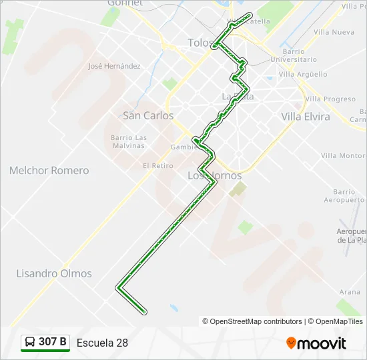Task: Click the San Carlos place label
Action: (148, 115)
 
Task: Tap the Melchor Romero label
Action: (49, 171)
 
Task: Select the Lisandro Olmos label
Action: (54, 273)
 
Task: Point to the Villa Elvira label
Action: (306, 116)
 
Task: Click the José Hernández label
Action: (114, 66)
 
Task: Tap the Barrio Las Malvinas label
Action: (127, 141)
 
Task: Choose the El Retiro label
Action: (157, 165)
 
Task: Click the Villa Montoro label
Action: (343, 155)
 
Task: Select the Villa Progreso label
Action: (330, 99)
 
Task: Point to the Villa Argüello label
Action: (303, 74)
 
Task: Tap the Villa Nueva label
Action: (334, 32)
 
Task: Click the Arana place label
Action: (349, 292)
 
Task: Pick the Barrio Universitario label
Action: (294, 55)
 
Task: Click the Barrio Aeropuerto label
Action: (344, 195)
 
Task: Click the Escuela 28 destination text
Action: (102, 343)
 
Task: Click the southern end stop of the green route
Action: (144, 311)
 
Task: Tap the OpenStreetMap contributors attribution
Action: (252, 321)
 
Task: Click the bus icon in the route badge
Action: (30, 343)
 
